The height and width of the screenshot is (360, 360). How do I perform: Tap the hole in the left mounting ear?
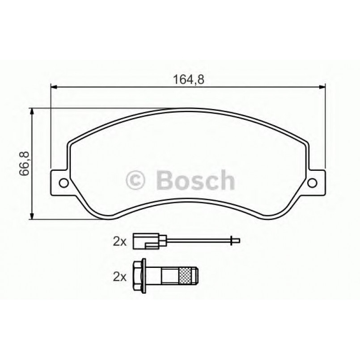click(x=63, y=182)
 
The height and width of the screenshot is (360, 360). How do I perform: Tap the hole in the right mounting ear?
click(x=313, y=182)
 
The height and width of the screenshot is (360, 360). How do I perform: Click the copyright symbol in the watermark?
click(x=137, y=180)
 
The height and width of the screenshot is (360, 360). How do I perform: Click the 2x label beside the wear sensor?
click(x=119, y=242)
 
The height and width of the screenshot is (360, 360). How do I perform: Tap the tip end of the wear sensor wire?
click(x=237, y=241)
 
